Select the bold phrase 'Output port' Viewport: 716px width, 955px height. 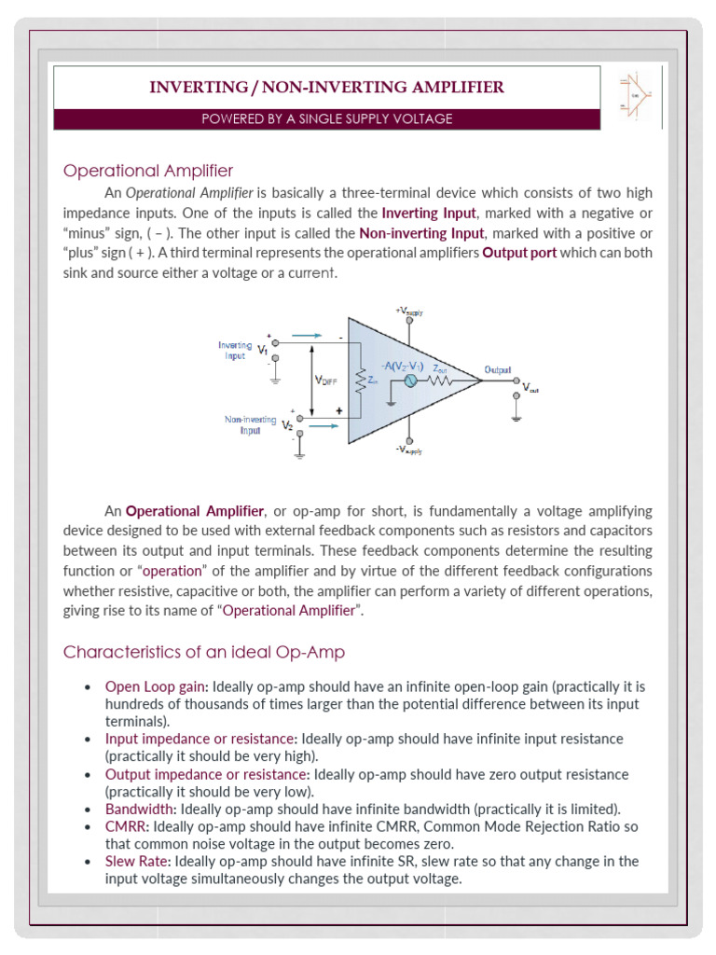tap(517, 253)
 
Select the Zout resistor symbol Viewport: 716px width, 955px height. tap(441, 381)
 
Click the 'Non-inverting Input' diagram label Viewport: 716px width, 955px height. tap(250, 425)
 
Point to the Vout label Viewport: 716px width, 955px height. tap(530, 387)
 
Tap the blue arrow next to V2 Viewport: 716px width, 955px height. tap(321, 426)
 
